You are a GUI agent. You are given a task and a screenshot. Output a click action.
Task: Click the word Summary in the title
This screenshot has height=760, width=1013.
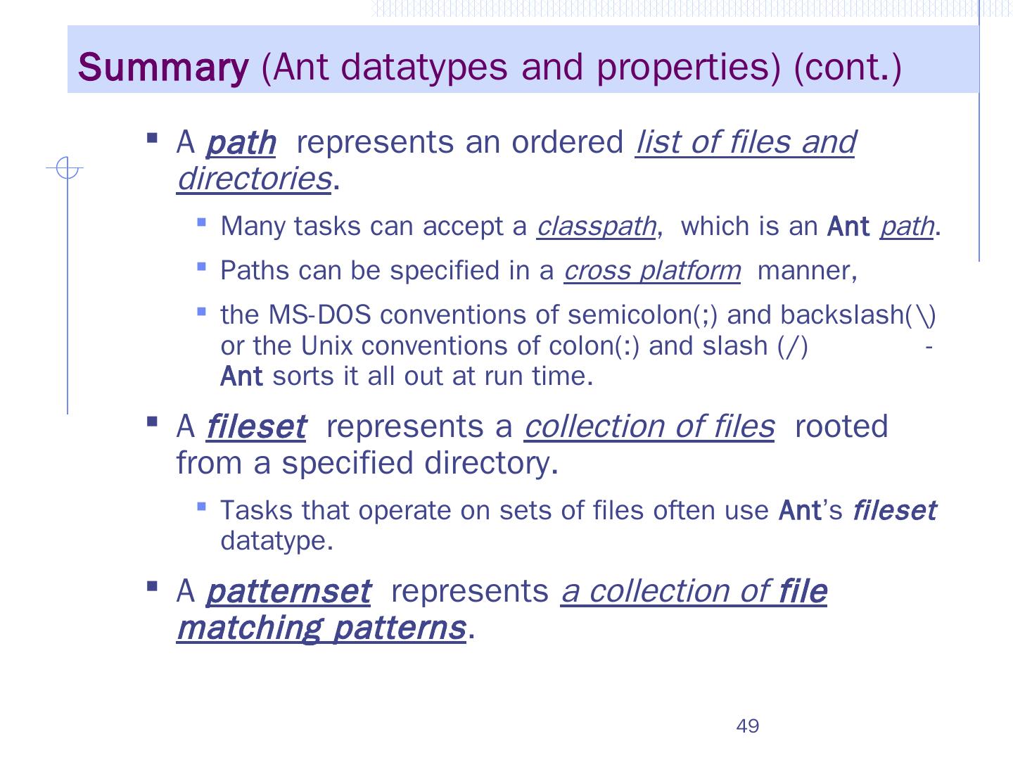(163, 68)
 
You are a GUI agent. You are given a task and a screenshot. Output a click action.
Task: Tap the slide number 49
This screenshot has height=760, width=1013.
(747, 726)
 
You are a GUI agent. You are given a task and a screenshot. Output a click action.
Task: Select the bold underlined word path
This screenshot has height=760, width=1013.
(241, 144)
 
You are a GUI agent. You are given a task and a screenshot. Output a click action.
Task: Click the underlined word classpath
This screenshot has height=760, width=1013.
(596, 227)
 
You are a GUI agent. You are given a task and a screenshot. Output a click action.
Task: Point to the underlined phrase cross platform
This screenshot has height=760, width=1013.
(652, 271)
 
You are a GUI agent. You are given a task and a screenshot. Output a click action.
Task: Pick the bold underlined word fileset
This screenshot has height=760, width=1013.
(256, 427)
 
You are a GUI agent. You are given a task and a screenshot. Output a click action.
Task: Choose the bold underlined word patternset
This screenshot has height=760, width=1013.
(288, 592)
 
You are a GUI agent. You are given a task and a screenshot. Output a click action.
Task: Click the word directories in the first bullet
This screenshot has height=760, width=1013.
(254, 179)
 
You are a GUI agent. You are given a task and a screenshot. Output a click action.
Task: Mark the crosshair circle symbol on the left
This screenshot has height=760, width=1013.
(66, 169)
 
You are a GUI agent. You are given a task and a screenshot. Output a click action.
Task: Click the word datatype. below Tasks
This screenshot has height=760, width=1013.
(276, 541)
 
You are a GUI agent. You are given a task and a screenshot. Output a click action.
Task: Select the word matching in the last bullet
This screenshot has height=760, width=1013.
(249, 628)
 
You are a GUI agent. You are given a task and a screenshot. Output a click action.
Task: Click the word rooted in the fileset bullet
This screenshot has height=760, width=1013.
(841, 427)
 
